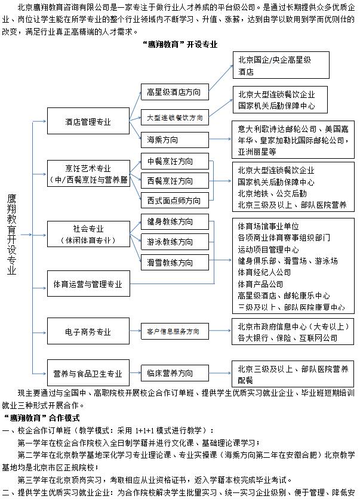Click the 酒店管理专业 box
point(88,122)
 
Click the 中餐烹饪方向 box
point(170,162)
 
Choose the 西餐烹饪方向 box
point(170,180)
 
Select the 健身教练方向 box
point(170,221)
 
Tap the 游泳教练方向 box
point(170,242)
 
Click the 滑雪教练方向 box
point(170,261)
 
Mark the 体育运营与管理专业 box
point(88,284)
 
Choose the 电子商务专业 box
point(88,331)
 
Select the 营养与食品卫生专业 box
point(88,374)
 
